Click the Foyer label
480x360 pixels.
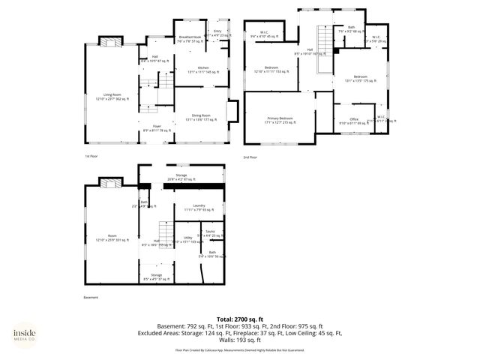coord(157,128)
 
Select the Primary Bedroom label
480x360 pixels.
coord(280,120)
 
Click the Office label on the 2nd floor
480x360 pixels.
coord(353,121)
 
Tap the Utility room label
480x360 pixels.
coord(187,239)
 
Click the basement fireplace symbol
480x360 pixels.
coord(110,182)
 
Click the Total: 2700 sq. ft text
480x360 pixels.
coord(239,319)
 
